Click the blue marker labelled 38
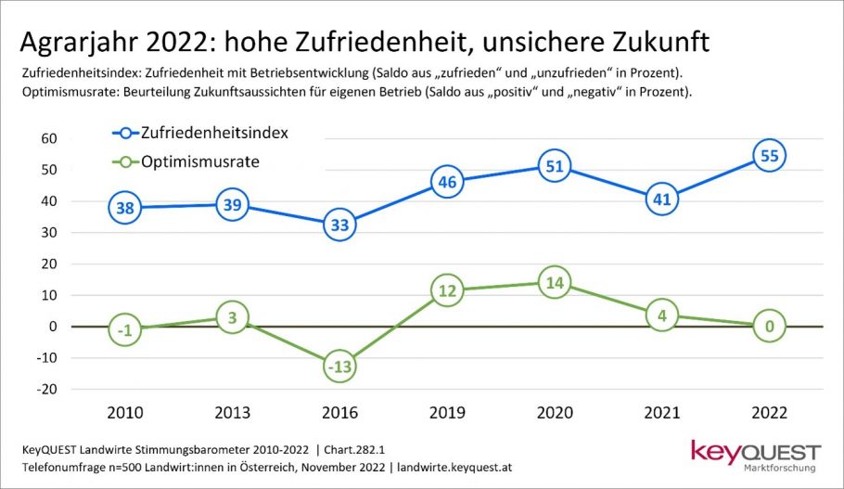pyautogui.click(x=125, y=208)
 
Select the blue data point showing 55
pyautogui.click(x=769, y=155)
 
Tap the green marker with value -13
pyautogui.click(x=339, y=367)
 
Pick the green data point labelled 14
pyautogui.click(x=554, y=282)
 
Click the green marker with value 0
pyautogui.click(x=769, y=327)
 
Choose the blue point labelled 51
pyautogui.click(x=554, y=168)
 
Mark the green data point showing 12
pyautogui.click(x=447, y=290)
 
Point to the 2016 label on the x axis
pyautogui.click(x=339, y=411)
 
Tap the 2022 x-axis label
pyautogui.click(x=769, y=411)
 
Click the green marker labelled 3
pyautogui.click(x=232, y=317)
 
